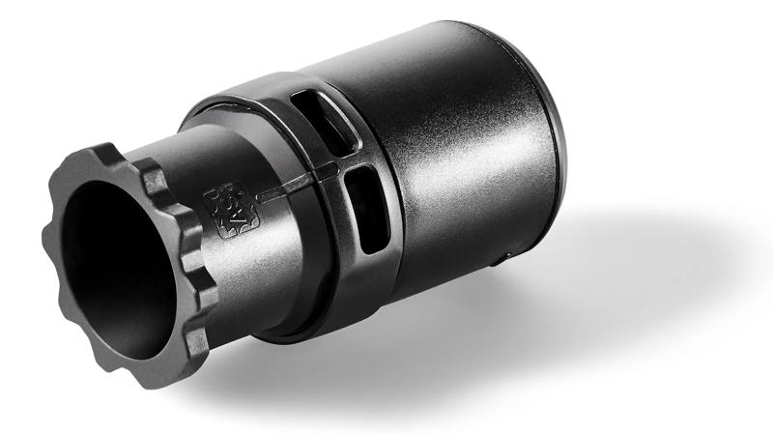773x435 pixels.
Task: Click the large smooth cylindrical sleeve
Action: (454, 164)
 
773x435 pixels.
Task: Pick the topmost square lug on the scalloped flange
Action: (107, 154)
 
